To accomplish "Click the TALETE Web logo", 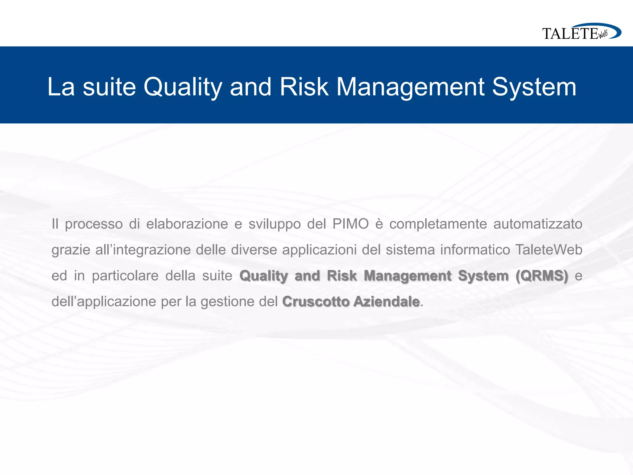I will [581, 32].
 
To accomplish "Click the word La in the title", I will [61, 87].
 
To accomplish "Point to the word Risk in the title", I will [304, 87].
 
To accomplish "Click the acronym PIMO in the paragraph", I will [351, 224].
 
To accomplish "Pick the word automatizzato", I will [538, 224].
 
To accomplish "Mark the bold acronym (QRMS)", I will [542, 276].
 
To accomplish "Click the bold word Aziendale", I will [386, 302].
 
